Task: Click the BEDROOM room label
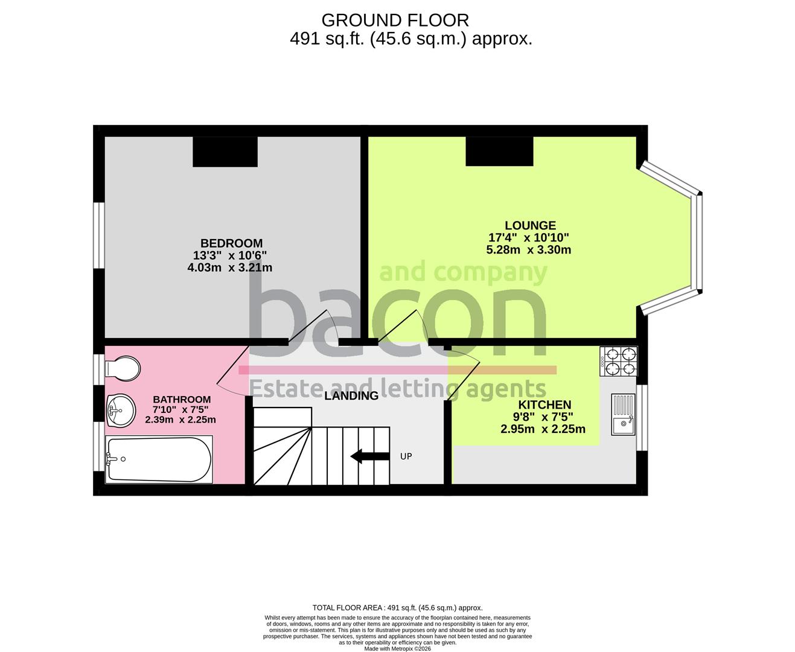tap(231, 243)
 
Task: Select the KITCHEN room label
tap(544, 404)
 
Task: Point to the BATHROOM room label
tap(182, 399)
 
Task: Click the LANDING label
tap(351, 396)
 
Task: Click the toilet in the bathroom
tap(123, 368)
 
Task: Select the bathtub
tap(159, 459)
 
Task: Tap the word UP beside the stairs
tap(406, 456)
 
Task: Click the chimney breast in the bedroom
tap(225, 152)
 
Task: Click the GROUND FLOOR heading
tap(395, 20)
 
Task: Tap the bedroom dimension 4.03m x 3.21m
tap(230, 267)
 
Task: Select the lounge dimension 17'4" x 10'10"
tap(529, 238)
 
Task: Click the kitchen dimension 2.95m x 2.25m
tap(543, 429)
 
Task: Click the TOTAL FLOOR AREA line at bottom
tap(397, 608)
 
